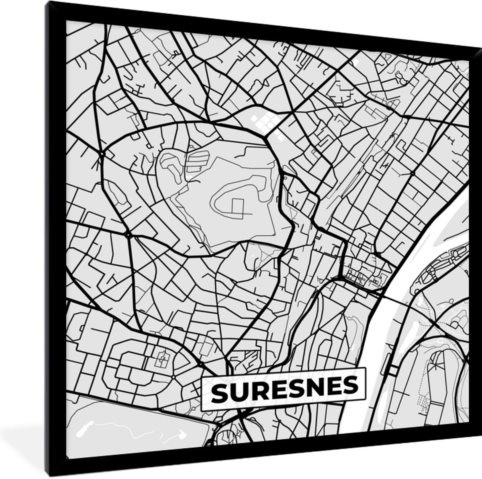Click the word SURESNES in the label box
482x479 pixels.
click(x=284, y=386)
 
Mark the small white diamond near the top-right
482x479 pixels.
click(x=356, y=62)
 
